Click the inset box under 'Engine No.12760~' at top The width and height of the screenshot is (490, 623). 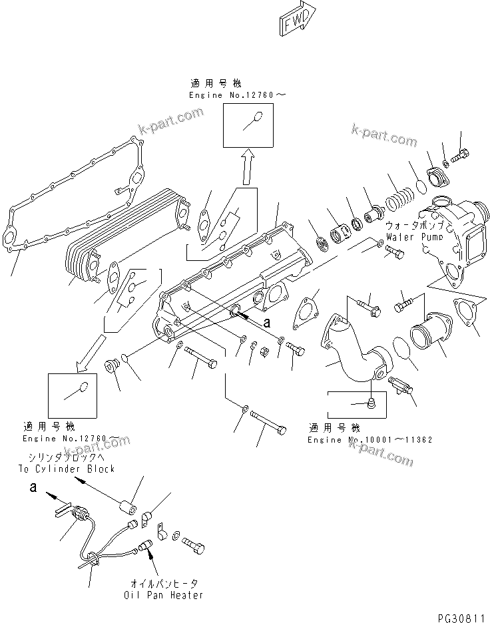(248, 124)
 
